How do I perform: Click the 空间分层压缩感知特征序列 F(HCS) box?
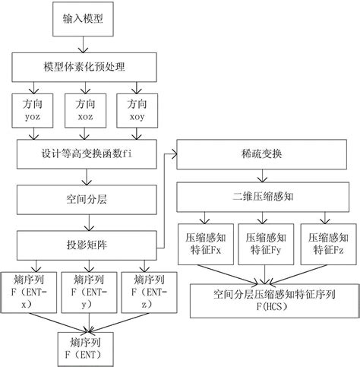[265, 301]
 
